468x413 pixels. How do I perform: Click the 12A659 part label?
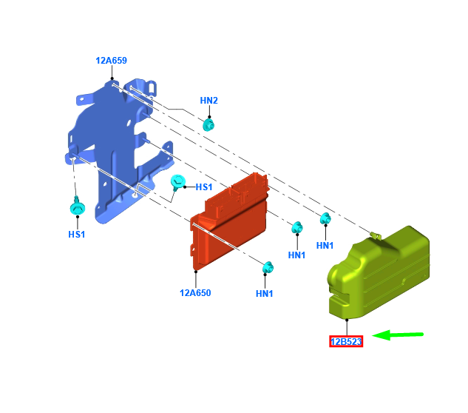pyautogui.click(x=111, y=61)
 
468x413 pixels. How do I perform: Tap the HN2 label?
pyautogui.click(x=209, y=101)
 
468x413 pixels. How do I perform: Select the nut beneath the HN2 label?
pyautogui.click(x=208, y=124)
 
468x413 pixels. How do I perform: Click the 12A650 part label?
pyautogui.click(x=195, y=293)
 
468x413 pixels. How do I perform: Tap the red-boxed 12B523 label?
pyautogui.click(x=346, y=342)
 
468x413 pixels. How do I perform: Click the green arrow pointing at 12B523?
pyautogui.click(x=398, y=335)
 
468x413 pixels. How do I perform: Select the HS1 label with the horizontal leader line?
pyautogui.click(x=204, y=187)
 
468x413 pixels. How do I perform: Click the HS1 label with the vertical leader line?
pyautogui.click(x=77, y=235)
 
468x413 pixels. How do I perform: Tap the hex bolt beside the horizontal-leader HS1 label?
pyautogui.click(x=178, y=182)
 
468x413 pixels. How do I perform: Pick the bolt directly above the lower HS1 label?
pyautogui.click(x=78, y=206)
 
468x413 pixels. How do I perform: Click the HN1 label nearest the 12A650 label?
pyautogui.click(x=265, y=294)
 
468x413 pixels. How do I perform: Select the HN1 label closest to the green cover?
pyautogui.click(x=325, y=246)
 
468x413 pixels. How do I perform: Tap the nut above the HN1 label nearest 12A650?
pyautogui.click(x=268, y=267)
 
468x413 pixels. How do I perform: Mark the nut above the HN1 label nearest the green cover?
pyautogui.click(x=325, y=218)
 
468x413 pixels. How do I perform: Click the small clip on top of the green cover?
pyautogui.click(x=376, y=236)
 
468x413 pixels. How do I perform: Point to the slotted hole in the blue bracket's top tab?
pyautogui.click(x=152, y=88)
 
